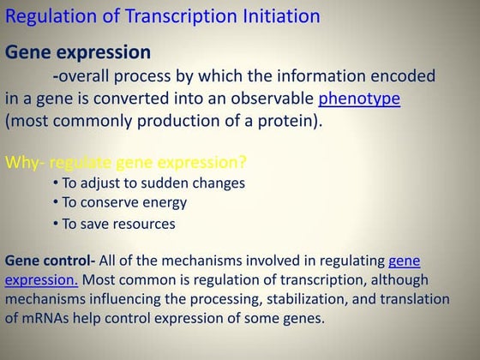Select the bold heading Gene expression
coord(78,52)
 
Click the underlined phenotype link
coord(359,99)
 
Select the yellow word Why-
coord(25,161)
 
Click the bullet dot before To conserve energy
coord(55,203)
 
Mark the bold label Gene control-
coord(51,260)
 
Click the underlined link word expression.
coord(41,279)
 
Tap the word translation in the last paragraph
coord(415,299)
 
